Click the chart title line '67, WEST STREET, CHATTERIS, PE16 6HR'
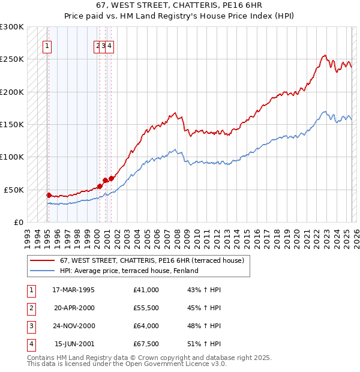[179, 5]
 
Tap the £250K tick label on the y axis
[12, 59]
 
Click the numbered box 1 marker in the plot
[47, 45]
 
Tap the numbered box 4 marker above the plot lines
[110, 45]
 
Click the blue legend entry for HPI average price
[128, 271]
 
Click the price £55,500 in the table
[146, 308]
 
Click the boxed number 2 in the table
[31, 308]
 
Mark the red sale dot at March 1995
[49, 195]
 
